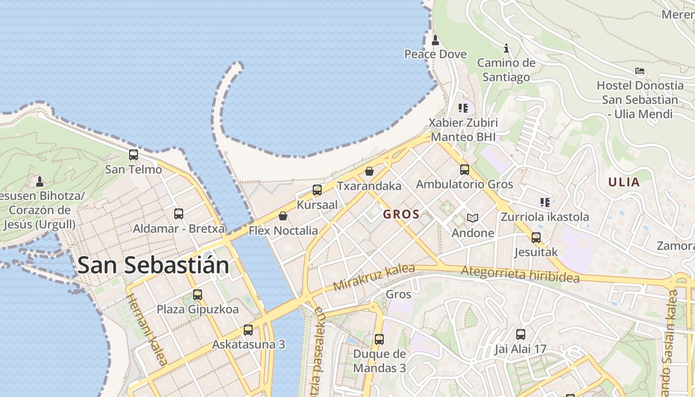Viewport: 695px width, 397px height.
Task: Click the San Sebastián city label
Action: coord(153,265)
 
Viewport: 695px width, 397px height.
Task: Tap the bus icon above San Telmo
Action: coord(134,155)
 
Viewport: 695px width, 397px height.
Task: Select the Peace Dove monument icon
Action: coord(435,40)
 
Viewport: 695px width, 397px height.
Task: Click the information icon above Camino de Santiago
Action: coord(506,48)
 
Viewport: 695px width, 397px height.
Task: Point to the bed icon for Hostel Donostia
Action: coord(640,71)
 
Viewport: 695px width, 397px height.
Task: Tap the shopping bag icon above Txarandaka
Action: coord(369,172)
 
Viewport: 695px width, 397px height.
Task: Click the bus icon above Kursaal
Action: coord(317,190)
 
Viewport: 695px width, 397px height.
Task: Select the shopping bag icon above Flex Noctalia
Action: coord(283,216)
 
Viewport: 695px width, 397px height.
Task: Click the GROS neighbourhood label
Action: coord(401,215)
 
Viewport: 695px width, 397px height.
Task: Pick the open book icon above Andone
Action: coord(473,218)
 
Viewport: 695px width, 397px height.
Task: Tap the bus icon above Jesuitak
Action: coord(536,238)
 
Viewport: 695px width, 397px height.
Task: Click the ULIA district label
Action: coord(624,182)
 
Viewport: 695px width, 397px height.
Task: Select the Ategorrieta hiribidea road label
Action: coord(520,274)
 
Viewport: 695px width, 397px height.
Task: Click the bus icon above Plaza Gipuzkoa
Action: coord(198,295)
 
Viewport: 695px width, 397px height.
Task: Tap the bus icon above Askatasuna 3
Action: coord(248,330)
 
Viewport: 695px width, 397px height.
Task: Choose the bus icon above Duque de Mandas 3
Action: coord(379,339)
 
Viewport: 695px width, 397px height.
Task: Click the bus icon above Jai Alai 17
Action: coord(520,334)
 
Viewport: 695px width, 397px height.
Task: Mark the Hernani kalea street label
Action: coord(148,330)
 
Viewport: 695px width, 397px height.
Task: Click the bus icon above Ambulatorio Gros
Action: coord(464,170)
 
